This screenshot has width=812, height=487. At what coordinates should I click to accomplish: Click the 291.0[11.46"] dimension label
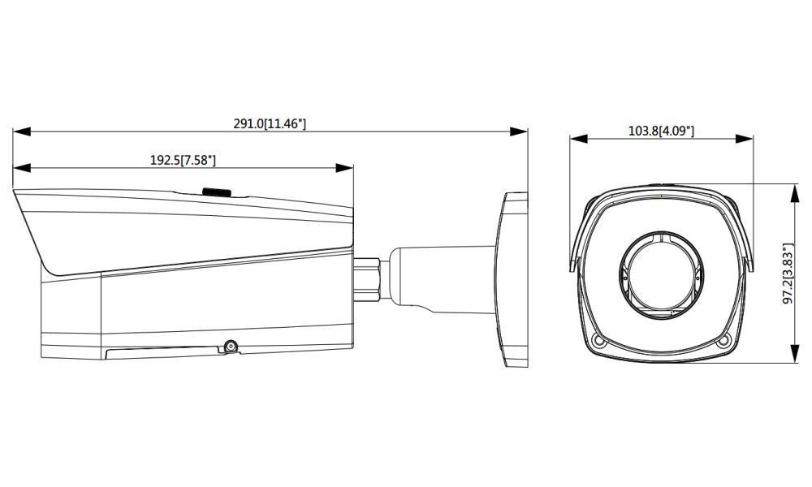[270, 123]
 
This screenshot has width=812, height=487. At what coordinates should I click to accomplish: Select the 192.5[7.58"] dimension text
[183, 161]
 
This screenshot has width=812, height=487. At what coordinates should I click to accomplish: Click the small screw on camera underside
[231, 347]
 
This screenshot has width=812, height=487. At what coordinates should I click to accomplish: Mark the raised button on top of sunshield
[216, 192]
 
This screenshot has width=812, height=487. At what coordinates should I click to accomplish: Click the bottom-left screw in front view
[599, 341]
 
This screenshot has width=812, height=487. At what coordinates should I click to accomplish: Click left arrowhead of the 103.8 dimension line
[574, 138]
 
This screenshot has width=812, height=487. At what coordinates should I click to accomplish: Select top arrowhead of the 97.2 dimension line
[793, 187]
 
